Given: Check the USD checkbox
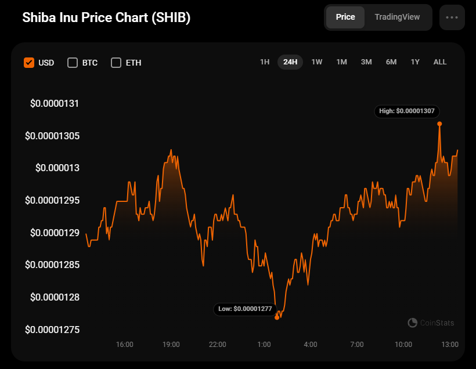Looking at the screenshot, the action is [29, 63].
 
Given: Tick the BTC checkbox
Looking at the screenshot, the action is [73, 63].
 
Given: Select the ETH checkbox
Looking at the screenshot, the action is [116, 63].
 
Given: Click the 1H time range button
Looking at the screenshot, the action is [265, 62].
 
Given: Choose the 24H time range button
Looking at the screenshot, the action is [290, 62].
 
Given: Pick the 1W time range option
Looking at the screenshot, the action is [316, 62].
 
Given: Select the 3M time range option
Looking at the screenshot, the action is [366, 62].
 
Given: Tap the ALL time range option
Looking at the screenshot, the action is [440, 62].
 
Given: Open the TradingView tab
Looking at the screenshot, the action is [397, 17].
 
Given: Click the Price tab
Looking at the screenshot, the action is [345, 17].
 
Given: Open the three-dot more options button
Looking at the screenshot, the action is [452, 17].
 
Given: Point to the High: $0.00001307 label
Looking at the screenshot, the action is [407, 111].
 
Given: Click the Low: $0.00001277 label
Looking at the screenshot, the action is [245, 309].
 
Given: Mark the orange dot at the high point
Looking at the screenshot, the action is [439, 124].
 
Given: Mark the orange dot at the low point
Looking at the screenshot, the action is [277, 317].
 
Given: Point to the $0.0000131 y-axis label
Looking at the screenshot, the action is [55, 103].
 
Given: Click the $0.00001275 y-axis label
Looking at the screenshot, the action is [52, 330].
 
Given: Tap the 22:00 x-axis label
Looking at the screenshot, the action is [217, 345].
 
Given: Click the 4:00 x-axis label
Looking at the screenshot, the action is [310, 345].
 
